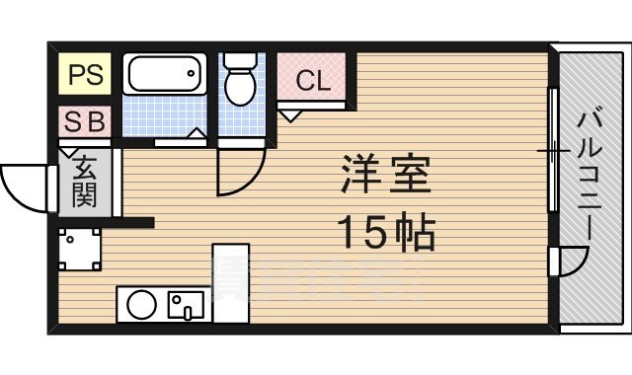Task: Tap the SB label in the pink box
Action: coord(87,122)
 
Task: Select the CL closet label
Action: coord(314,81)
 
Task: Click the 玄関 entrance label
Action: coord(84,181)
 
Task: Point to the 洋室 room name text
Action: coord(386,177)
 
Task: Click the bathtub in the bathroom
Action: coord(164,74)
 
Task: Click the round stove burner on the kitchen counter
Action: coord(141,304)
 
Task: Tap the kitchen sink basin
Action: coord(185,305)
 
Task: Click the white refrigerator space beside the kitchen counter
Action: coord(231,283)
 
